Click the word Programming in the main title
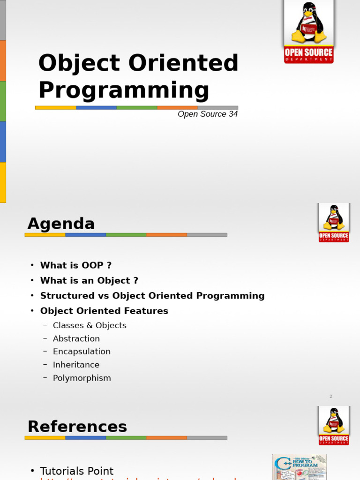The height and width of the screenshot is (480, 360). [123, 90]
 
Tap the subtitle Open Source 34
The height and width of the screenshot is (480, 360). [208, 114]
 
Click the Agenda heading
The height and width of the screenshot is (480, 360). [61, 224]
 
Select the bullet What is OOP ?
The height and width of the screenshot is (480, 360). [76, 265]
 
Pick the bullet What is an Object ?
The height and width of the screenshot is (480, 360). [89, 280]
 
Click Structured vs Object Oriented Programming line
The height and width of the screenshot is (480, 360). [152, 296]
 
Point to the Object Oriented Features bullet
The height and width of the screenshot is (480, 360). [104, 311]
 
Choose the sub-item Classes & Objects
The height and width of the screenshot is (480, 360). [90, 325]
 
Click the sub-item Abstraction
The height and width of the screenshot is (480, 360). [76, 338]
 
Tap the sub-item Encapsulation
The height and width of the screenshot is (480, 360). [82, 352]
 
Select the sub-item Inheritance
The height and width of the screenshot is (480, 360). [76, 365]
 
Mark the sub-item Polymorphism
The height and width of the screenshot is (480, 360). [82, 378]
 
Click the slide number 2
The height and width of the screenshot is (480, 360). [330, 397]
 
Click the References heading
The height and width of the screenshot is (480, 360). [77, 427]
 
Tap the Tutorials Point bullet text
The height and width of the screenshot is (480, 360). [77, 471]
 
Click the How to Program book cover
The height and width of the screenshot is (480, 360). [300, 467]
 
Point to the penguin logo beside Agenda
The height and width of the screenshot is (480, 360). [334, 222]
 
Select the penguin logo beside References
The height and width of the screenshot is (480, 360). [334, 425]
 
